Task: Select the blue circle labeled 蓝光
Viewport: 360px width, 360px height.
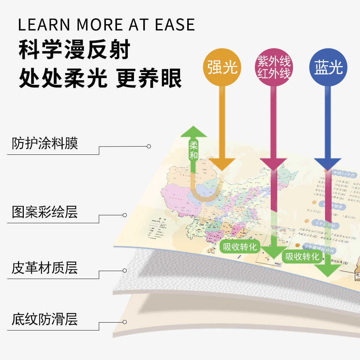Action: coord(328,67)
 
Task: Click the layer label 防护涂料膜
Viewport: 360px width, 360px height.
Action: coord(45,144)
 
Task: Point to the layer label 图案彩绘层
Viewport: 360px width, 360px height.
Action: coord(45,212)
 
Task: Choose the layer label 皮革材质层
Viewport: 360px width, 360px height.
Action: coord(45,268)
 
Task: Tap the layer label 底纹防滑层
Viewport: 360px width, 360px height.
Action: coord(45,319)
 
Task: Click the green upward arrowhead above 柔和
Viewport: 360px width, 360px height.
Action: coord(194,132)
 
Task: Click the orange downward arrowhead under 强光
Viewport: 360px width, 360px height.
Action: coord(222,164)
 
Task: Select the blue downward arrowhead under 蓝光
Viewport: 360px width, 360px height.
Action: coord(328,163)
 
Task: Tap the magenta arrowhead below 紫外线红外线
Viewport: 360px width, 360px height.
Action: coord(273,164)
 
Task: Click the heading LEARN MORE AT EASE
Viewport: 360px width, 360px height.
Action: coord(106,25)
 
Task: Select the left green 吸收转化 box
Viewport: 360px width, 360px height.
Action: coord(240,247)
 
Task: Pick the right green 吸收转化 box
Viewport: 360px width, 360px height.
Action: coord(302,256)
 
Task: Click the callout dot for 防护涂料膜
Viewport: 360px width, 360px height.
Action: coord(149,147)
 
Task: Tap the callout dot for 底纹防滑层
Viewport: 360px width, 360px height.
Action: coord(125,322)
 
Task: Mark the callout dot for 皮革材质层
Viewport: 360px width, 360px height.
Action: coord(125,270)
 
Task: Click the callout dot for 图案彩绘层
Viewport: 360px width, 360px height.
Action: coord(125,215)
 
